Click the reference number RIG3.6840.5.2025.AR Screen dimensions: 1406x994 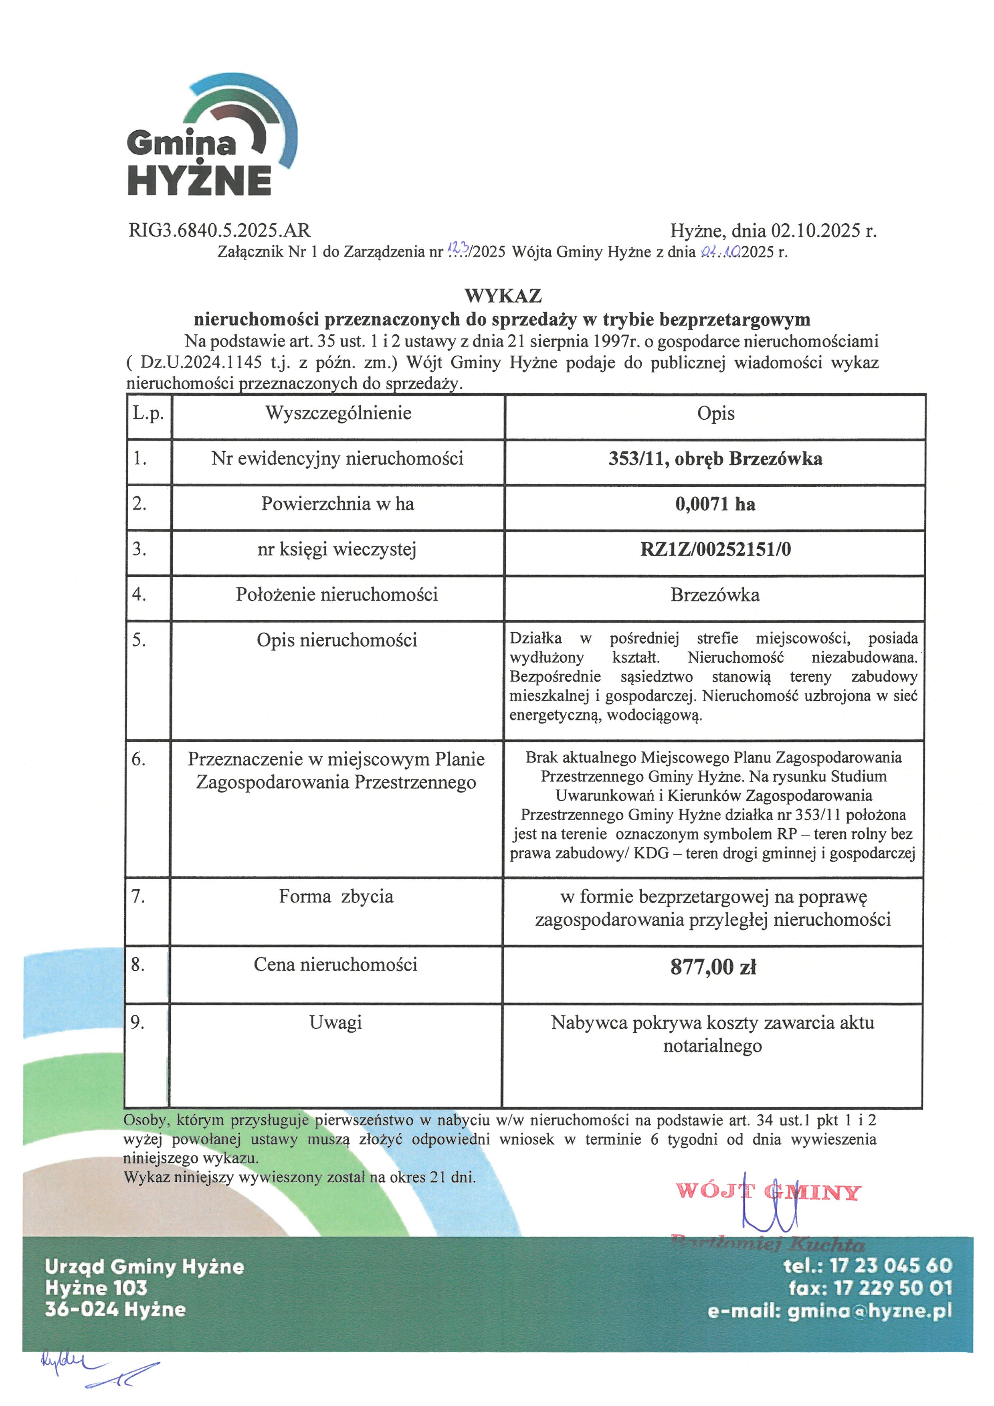(219, 231)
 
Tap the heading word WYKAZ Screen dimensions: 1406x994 (503, 296)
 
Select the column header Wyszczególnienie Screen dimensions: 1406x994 (338, 413)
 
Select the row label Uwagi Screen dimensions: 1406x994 (335, 1023)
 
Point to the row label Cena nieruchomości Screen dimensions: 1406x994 (335, 965)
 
